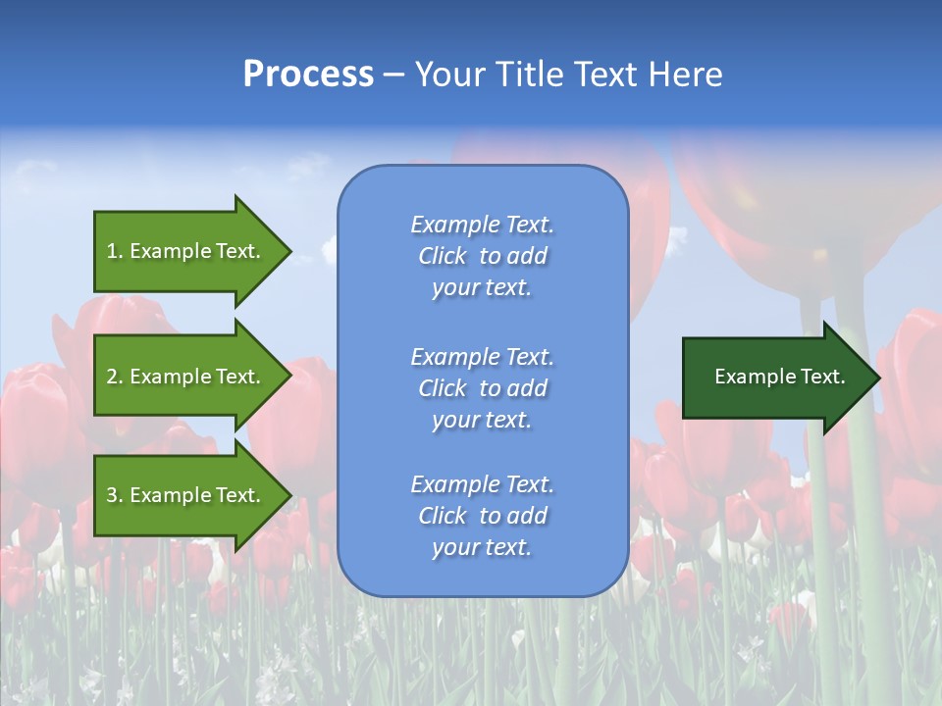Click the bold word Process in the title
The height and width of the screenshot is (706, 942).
pyautogui.click(x=308, y=75)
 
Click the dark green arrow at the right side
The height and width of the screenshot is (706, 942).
pyautogui.click(x=775, y=378)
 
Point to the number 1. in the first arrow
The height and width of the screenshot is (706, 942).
pyautogui.click(x=115, y=251)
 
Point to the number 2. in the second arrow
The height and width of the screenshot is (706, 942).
pyautogui.click(x=115, y=377)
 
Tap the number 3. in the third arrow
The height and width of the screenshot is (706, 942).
pyautogui.click(x=115, y=495)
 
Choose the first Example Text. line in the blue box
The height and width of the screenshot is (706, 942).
pyautogui.click(x=483, y=225)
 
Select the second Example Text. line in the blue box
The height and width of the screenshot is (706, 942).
pyautogui.click(x=483, y=357)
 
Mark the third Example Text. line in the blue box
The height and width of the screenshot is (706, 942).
pyautogui.click(x=483, y=484)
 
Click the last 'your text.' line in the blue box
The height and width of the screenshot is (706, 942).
pyautogui.click(x=482, y=548)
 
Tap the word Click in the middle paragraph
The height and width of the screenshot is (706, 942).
pyautogui.click(x=443, y=388)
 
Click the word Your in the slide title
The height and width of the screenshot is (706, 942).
pyautogui.click(x=449, y=75)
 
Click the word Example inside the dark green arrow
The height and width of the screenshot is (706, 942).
pyautogui.click(x=749, y=377)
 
